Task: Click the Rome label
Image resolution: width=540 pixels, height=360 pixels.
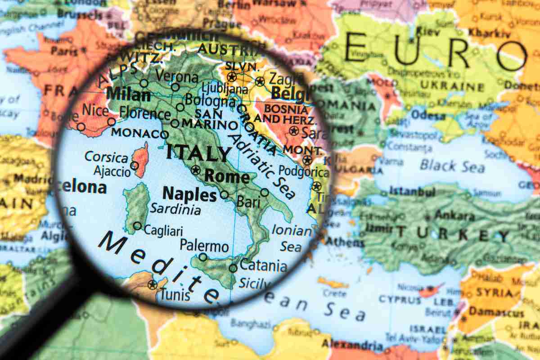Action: pyautogui.click(x=227, y=176)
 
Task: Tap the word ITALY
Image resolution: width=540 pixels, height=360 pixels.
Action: pyautogui.click(x=198, y=153)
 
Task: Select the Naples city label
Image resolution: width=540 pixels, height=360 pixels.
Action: pyautogui.click(x=189, y=194)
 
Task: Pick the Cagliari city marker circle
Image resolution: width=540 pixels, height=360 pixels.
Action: pyautogui.click(x=137, y=226)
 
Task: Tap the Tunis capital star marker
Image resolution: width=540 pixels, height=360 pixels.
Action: pyautogui.click(x=153, y=284)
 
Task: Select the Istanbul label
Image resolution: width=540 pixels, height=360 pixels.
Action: pyautogui.click(x=412, y=192)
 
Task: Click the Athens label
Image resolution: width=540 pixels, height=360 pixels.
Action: pyautogui.click(x=344, y=242)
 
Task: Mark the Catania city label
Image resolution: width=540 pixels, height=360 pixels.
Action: pyautogui.click(x=263, y=265)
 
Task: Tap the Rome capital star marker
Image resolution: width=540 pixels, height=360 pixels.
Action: pyautogui.click(x=195, y=170)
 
